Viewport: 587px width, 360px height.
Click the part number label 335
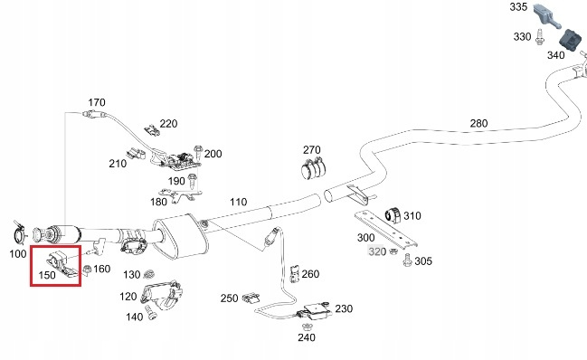(x=518, y=6)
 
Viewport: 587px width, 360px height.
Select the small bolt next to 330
(x=539, y=37)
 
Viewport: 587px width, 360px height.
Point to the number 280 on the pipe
(x=478, y=123)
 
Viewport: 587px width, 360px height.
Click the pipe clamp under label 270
(x=313, y=167)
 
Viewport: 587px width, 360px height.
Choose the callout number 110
(x=239, y=202)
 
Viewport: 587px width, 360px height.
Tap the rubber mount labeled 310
(x=393, y=215)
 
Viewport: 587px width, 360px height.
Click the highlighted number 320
(x=377, y=251)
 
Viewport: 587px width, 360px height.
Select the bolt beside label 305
(x=407, y=261)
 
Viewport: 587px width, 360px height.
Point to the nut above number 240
(x=307, y=326)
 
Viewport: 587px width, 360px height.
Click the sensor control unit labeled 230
(x=316, y=310)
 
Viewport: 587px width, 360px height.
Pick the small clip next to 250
(x=251, y=298)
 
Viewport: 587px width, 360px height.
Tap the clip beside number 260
(x=295, y=274)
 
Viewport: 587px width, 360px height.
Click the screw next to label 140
(x=151, y=313)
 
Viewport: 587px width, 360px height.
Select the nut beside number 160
(x=87, y=269)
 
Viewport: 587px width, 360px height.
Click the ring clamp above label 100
(x=18, y=234)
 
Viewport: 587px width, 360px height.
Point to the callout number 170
(x=97, y=102)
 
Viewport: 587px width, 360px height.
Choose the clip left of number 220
(x=152, y=130)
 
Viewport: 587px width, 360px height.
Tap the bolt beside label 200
(x=198, y=153)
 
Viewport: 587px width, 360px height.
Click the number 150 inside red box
(x=47, y=275)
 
